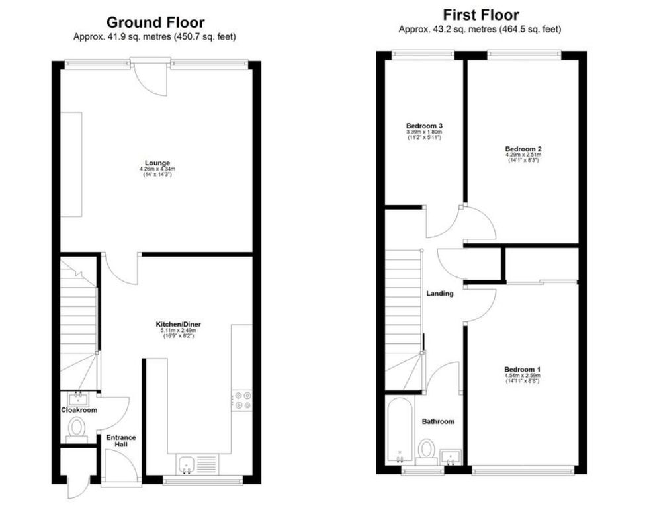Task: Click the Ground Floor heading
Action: point(155,22)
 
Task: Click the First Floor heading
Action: point(480,15)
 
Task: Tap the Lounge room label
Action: point(157,163)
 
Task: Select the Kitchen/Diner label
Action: point(178,324)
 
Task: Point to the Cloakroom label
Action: point(79,410)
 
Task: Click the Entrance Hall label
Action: point(121,441)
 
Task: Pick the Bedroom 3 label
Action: point(424,126)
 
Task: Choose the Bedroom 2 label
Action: point(523,149)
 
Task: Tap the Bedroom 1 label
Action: point(522,369)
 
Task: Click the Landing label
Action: point(439,293)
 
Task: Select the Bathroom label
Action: point(438,421)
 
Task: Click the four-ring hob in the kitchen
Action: point(241,400)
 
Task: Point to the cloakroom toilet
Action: point(76,428)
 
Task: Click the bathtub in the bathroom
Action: point(400,429)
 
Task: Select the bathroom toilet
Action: point(426,451)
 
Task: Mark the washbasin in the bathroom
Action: point(450,456)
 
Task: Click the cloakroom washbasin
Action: point(77,399)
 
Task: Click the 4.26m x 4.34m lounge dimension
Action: point(157,169)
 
